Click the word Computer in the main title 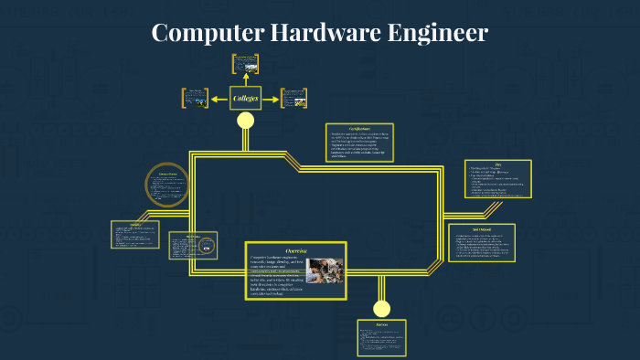coord(208,34)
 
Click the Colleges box coord(245,98)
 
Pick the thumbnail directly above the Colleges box coord(245,63)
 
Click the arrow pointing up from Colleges coord(245,79)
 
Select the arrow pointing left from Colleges coord(219,98)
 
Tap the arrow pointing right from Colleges coord(271,98)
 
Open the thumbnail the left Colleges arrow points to coord(196,97)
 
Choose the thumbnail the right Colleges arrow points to coord(293,97)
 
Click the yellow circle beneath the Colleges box coord(245,121)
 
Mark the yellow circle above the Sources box coord(381,308)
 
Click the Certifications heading coord(359,129)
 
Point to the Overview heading coord(296,250)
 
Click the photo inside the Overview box coord(325,270)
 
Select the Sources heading coord(381,324)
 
